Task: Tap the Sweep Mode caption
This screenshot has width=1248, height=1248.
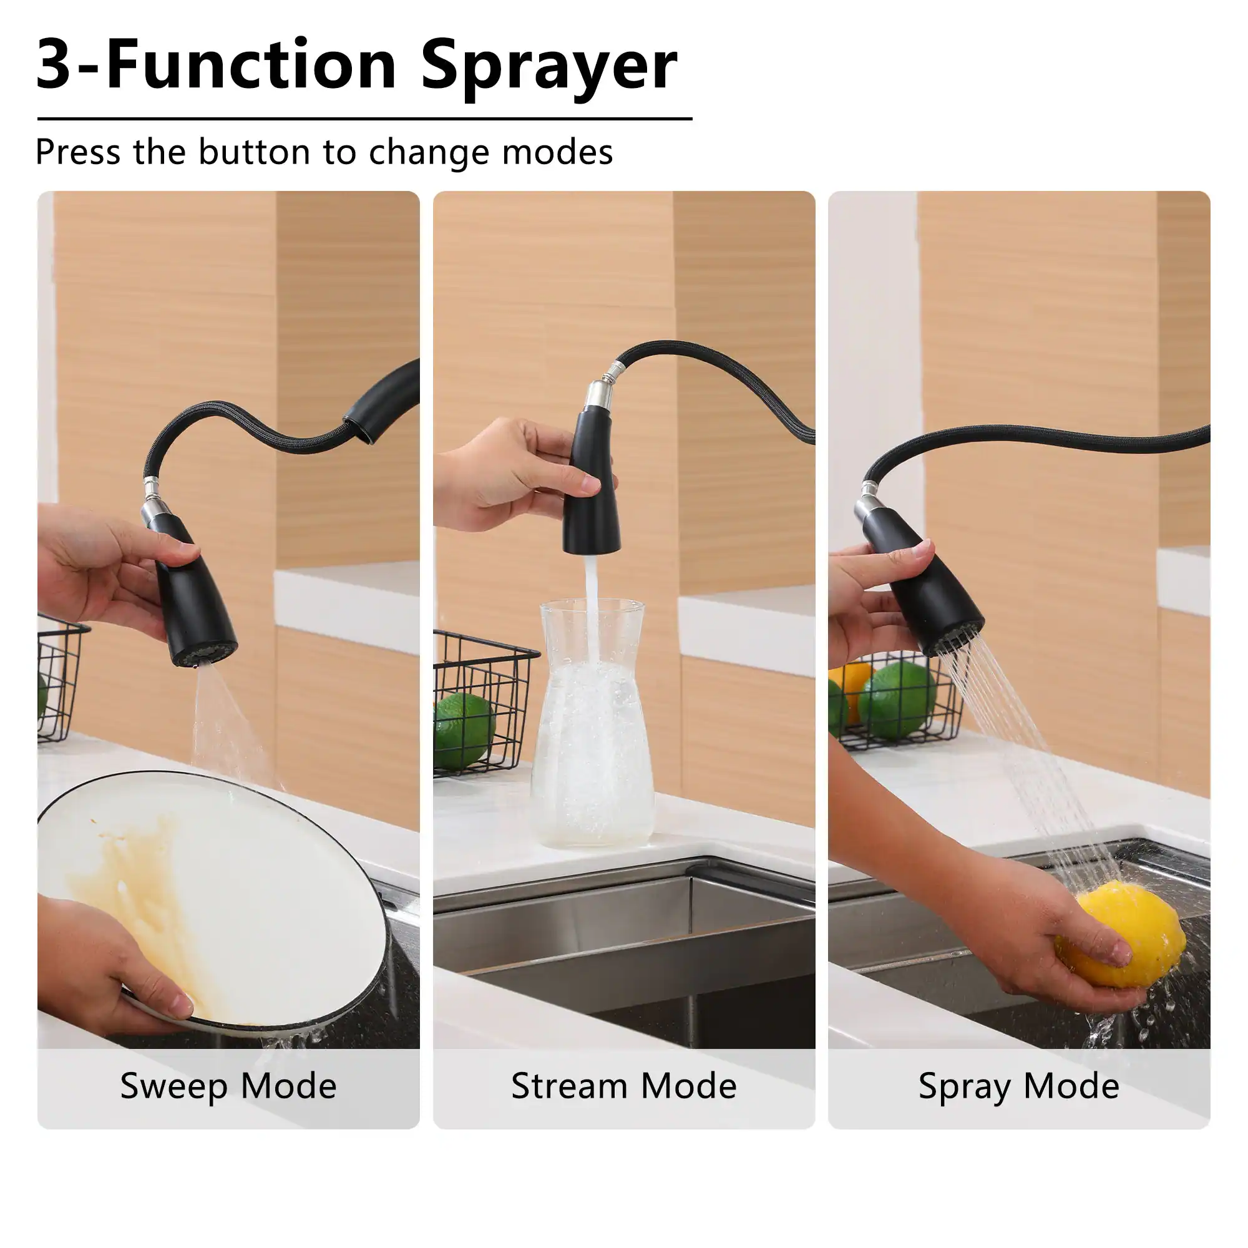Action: pos(228,1085)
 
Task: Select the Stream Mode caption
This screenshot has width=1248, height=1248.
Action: pos(623,1085)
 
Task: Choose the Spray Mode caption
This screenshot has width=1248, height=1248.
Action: pos(1019,1085)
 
